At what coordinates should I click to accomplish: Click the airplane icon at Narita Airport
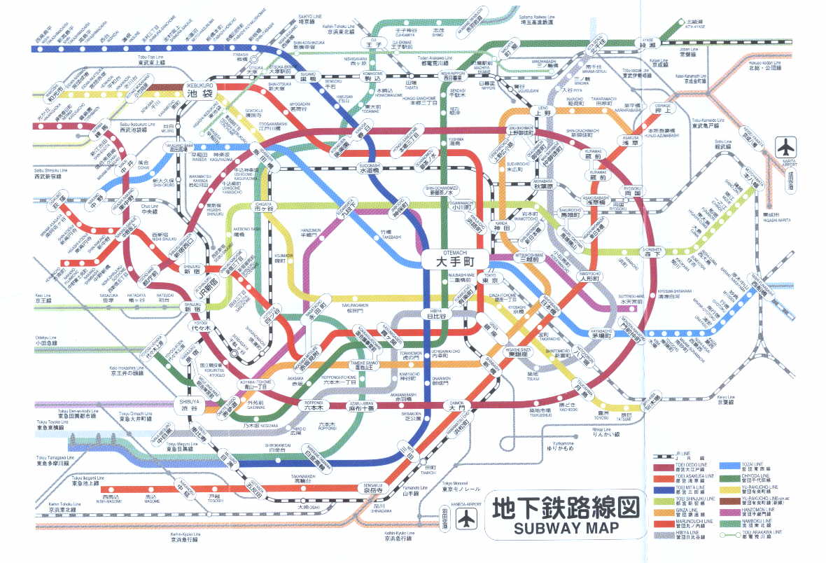787,148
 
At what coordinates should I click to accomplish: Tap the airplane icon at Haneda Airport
464,519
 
